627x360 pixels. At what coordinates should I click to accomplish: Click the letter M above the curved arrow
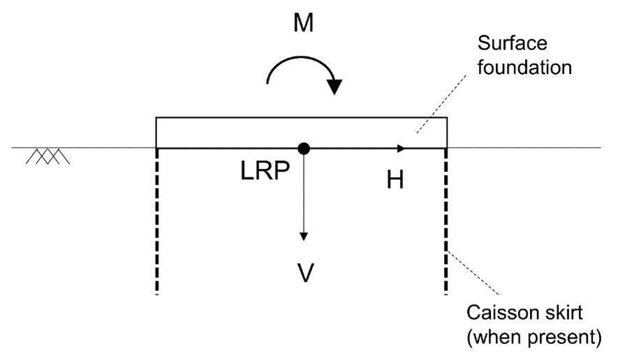(x=304, y=23)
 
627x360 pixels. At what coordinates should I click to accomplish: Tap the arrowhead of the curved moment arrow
(x=334, y=87)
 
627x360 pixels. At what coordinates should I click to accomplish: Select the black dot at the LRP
(x=304, y=148)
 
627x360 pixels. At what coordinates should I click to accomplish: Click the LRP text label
(x=265, y=171)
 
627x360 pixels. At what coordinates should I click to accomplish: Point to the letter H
(x=395, y=179)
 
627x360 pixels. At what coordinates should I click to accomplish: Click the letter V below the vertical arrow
(x=306, y=273)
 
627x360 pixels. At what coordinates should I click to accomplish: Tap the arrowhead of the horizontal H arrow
(x=401, y=149)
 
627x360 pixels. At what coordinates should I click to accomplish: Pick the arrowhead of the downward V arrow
(x=304, y=236)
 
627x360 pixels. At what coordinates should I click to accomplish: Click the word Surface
(x=512, y=43)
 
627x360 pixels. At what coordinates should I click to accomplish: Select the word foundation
(x=524, y=67)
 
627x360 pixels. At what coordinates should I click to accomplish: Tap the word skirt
(x=564, y=313)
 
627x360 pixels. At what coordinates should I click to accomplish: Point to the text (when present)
(x=534, y=337)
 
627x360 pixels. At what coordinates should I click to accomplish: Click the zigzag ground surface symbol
(x=48, y=156)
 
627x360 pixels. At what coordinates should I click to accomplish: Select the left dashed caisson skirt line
(x=157, y=221)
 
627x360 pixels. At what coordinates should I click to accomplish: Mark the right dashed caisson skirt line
(x=446, y=221)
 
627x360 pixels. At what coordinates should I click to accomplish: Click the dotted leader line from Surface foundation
(x=441, y=104)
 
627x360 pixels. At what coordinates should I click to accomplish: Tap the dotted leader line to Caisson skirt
(x=473, y=273)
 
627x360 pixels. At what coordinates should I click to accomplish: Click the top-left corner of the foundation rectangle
(x=156, y=117)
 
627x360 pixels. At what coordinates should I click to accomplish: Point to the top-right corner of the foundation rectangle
(x=447, y=117)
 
